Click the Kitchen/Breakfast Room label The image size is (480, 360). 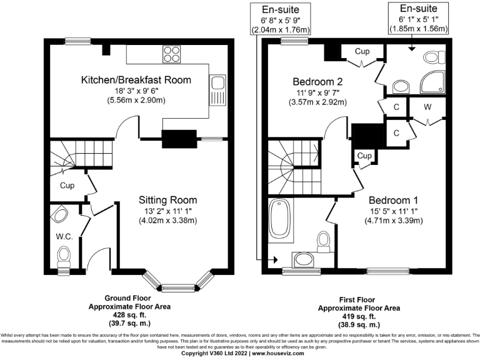point(136,80)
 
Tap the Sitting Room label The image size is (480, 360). point(167,200)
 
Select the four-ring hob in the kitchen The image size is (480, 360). point(171,54)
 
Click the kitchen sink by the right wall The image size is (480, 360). point(218,87)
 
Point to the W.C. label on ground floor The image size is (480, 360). point(63,236)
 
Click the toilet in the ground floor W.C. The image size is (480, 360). point(64,256)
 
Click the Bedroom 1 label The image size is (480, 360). point(393,200)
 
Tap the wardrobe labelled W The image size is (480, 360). point(427,107)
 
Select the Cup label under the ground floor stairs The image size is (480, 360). point(67,186)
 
